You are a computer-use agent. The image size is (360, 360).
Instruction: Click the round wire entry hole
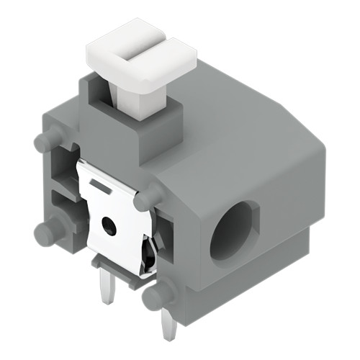click(x=234, y=230)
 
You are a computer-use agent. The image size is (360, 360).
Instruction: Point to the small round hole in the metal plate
click(x=109, y=226)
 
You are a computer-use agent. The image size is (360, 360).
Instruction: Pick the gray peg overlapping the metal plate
click(x=150, y=196)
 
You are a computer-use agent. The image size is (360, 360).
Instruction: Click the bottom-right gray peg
click(x=156, y=294)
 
